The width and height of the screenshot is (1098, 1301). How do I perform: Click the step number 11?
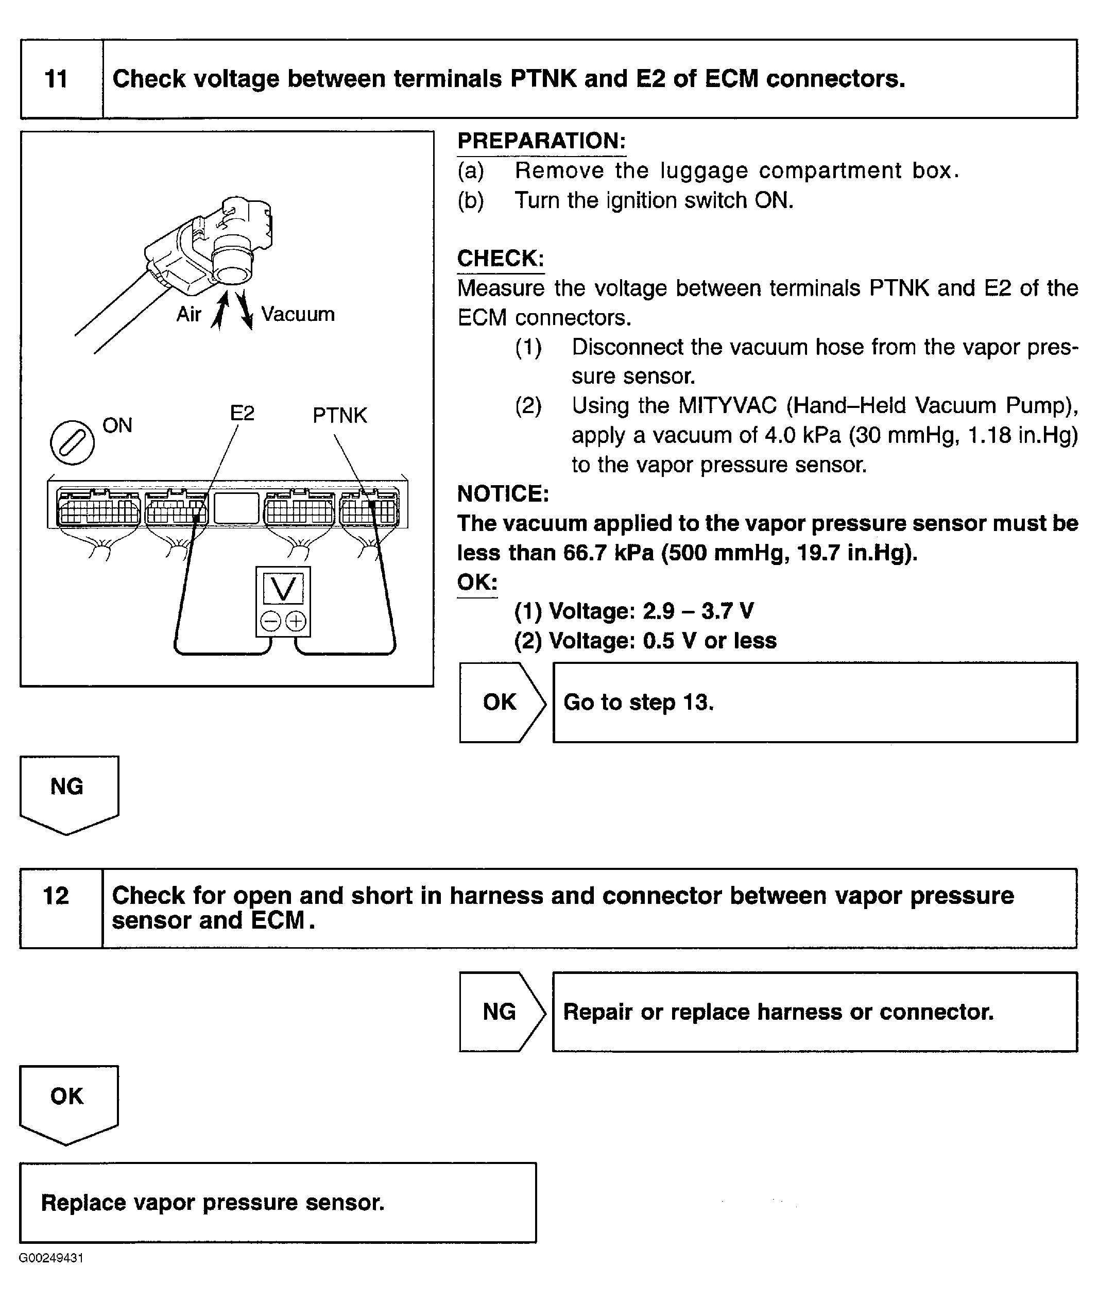tap(56, 79)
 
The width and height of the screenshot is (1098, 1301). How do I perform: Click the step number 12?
tap(56, 896)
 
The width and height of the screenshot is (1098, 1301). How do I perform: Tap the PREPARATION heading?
tap(541, 141)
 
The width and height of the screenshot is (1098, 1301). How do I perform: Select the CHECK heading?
tap(500, 259)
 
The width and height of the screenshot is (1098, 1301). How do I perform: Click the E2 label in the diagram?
tap(242, 413)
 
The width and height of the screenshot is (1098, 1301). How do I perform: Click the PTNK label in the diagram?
tap(339, 415)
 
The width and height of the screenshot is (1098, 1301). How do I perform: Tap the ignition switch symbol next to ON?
tap(72, 442)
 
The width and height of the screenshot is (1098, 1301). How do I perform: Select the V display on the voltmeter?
tap(283, 588)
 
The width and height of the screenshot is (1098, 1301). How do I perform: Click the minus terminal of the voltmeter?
tap(270, 621)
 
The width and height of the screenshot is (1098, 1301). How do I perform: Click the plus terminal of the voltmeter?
tap(296, 621)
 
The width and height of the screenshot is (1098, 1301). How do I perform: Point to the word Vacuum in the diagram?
tap(298, 314)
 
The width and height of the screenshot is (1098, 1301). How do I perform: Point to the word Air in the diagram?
tap(188, 314)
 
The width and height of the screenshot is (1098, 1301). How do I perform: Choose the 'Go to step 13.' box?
tap(814, 702)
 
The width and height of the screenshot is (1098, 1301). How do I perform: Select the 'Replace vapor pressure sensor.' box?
tap(278, 1203)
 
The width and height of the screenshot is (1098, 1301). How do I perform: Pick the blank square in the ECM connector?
tap(236, 508)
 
